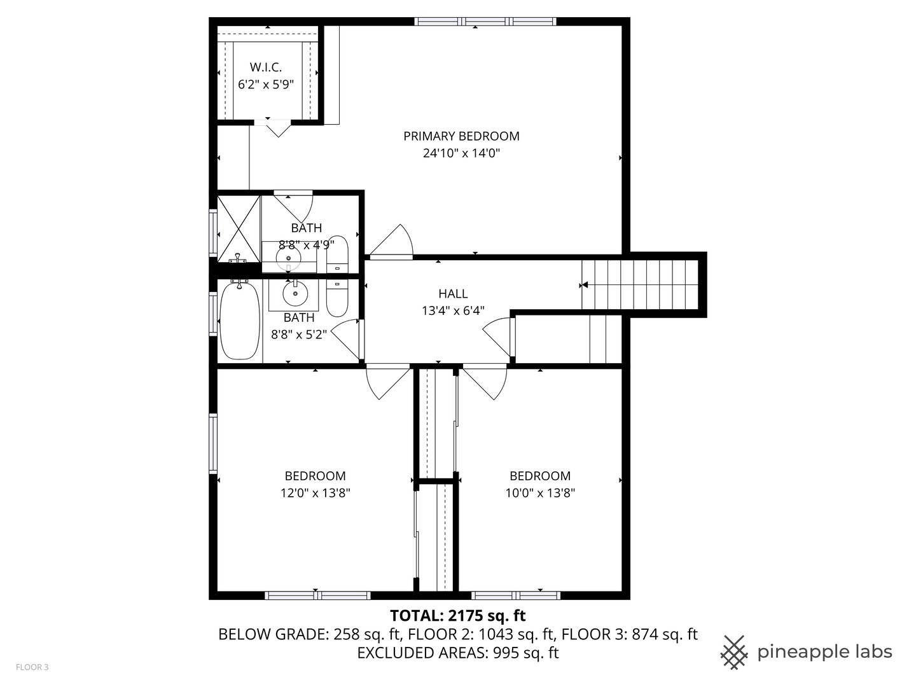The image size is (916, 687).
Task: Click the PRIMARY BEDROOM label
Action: pyautogui.click(x=461, y=136)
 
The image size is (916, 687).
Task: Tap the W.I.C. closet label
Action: pyautogui.click(x=265, y=67)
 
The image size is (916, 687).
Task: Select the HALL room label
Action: pyautogui.click(x=453, y=294)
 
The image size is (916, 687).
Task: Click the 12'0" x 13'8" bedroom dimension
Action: pyautogui.click(x=316, y=492)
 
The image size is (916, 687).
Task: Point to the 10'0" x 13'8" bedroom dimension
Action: pyautogui.click(x=540, y=492)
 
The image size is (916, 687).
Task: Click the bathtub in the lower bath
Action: pyautogui.click(x=239, y=321)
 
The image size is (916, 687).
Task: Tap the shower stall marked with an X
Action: pyautogui.click(x=239, y=228)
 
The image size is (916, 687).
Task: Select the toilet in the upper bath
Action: pyautogui.click(x=337, y=254)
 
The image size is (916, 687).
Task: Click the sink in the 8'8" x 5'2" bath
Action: pyautogui.click(x=295, y=294)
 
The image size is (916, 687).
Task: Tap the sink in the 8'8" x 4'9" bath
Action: pyautogui.click(x=289, y=258)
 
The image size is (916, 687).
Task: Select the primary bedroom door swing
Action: pyautogui.click(x=392, y=242)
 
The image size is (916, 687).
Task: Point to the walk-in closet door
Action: pyautogui.click(x=278, y=128)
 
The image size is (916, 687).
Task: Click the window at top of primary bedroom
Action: pyautogui.click(x=485, y=22)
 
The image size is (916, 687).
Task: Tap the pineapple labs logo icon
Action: pyautogui.click(x=733, y=652)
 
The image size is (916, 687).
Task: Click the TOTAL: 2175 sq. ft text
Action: pyautogui.click(x=457, y=616)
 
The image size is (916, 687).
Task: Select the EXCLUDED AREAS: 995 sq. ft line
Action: pyautogui.click(x=457, y=653)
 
